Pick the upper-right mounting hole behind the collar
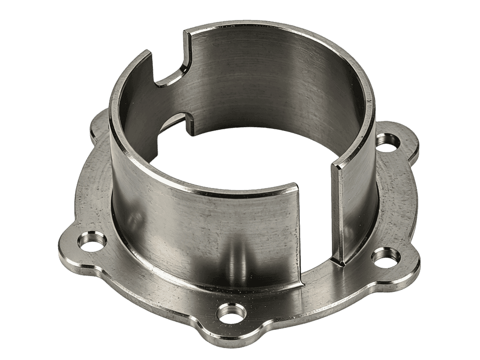point(387,141)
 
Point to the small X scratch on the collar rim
point(369,102)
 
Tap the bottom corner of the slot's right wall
point(342,264)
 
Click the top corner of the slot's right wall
point(336,166)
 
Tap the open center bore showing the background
point(240,158)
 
